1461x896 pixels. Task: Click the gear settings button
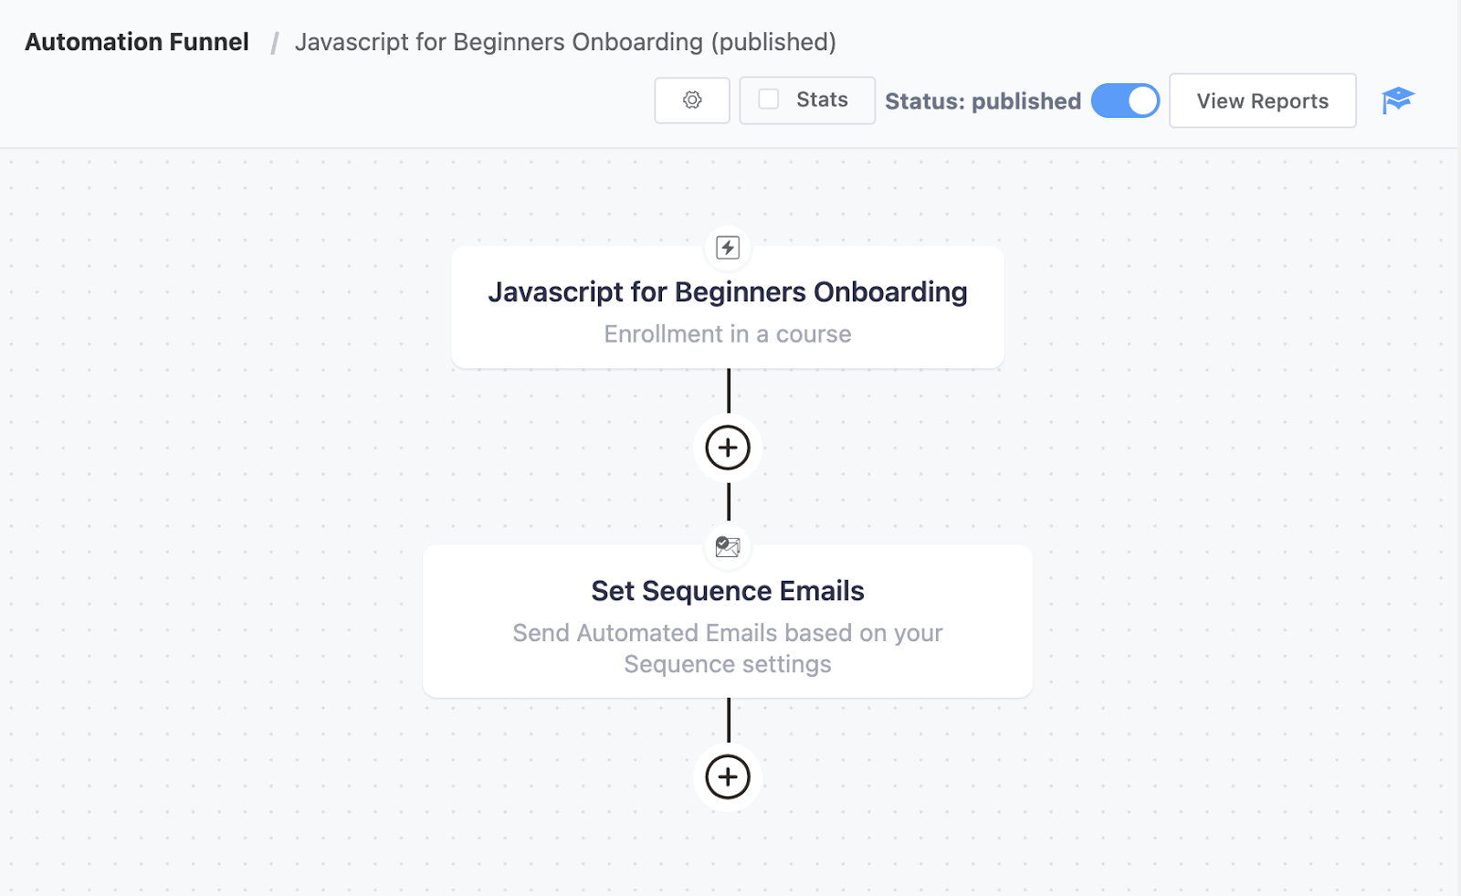click(692, 100)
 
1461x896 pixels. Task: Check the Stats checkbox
click(768, 100)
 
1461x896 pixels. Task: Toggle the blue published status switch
click(1125, 100)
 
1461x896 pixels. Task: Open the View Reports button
click(1262, 100)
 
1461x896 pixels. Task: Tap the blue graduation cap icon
click(1397, 100)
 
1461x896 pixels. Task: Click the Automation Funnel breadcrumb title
click(137, 42)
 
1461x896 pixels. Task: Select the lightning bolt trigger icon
click(727, 248)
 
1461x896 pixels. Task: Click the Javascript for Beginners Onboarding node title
click(727, 291)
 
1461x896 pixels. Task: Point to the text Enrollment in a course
click(727, 333)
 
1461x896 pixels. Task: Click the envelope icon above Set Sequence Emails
click(727, 546)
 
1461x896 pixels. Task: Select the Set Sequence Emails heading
click(727, 591)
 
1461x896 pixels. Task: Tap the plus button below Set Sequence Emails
click(727, 776)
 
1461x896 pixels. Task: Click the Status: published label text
click(983, 101)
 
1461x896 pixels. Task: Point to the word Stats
click(822, 100)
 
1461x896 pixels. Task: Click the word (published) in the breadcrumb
click(773, 42)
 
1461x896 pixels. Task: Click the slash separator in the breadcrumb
click(275, 43)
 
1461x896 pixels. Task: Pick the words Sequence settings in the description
click(727, 664)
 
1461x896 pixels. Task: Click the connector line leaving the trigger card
click(729, 390)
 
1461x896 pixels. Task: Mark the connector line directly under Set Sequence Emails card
click(729, 720)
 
